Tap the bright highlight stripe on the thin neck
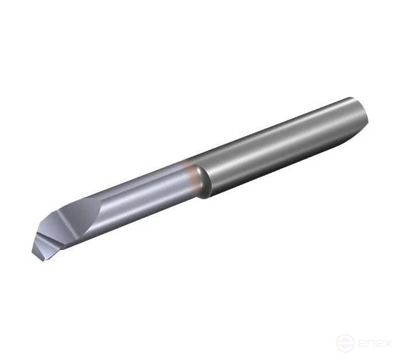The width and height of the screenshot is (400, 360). pos(143,179)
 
